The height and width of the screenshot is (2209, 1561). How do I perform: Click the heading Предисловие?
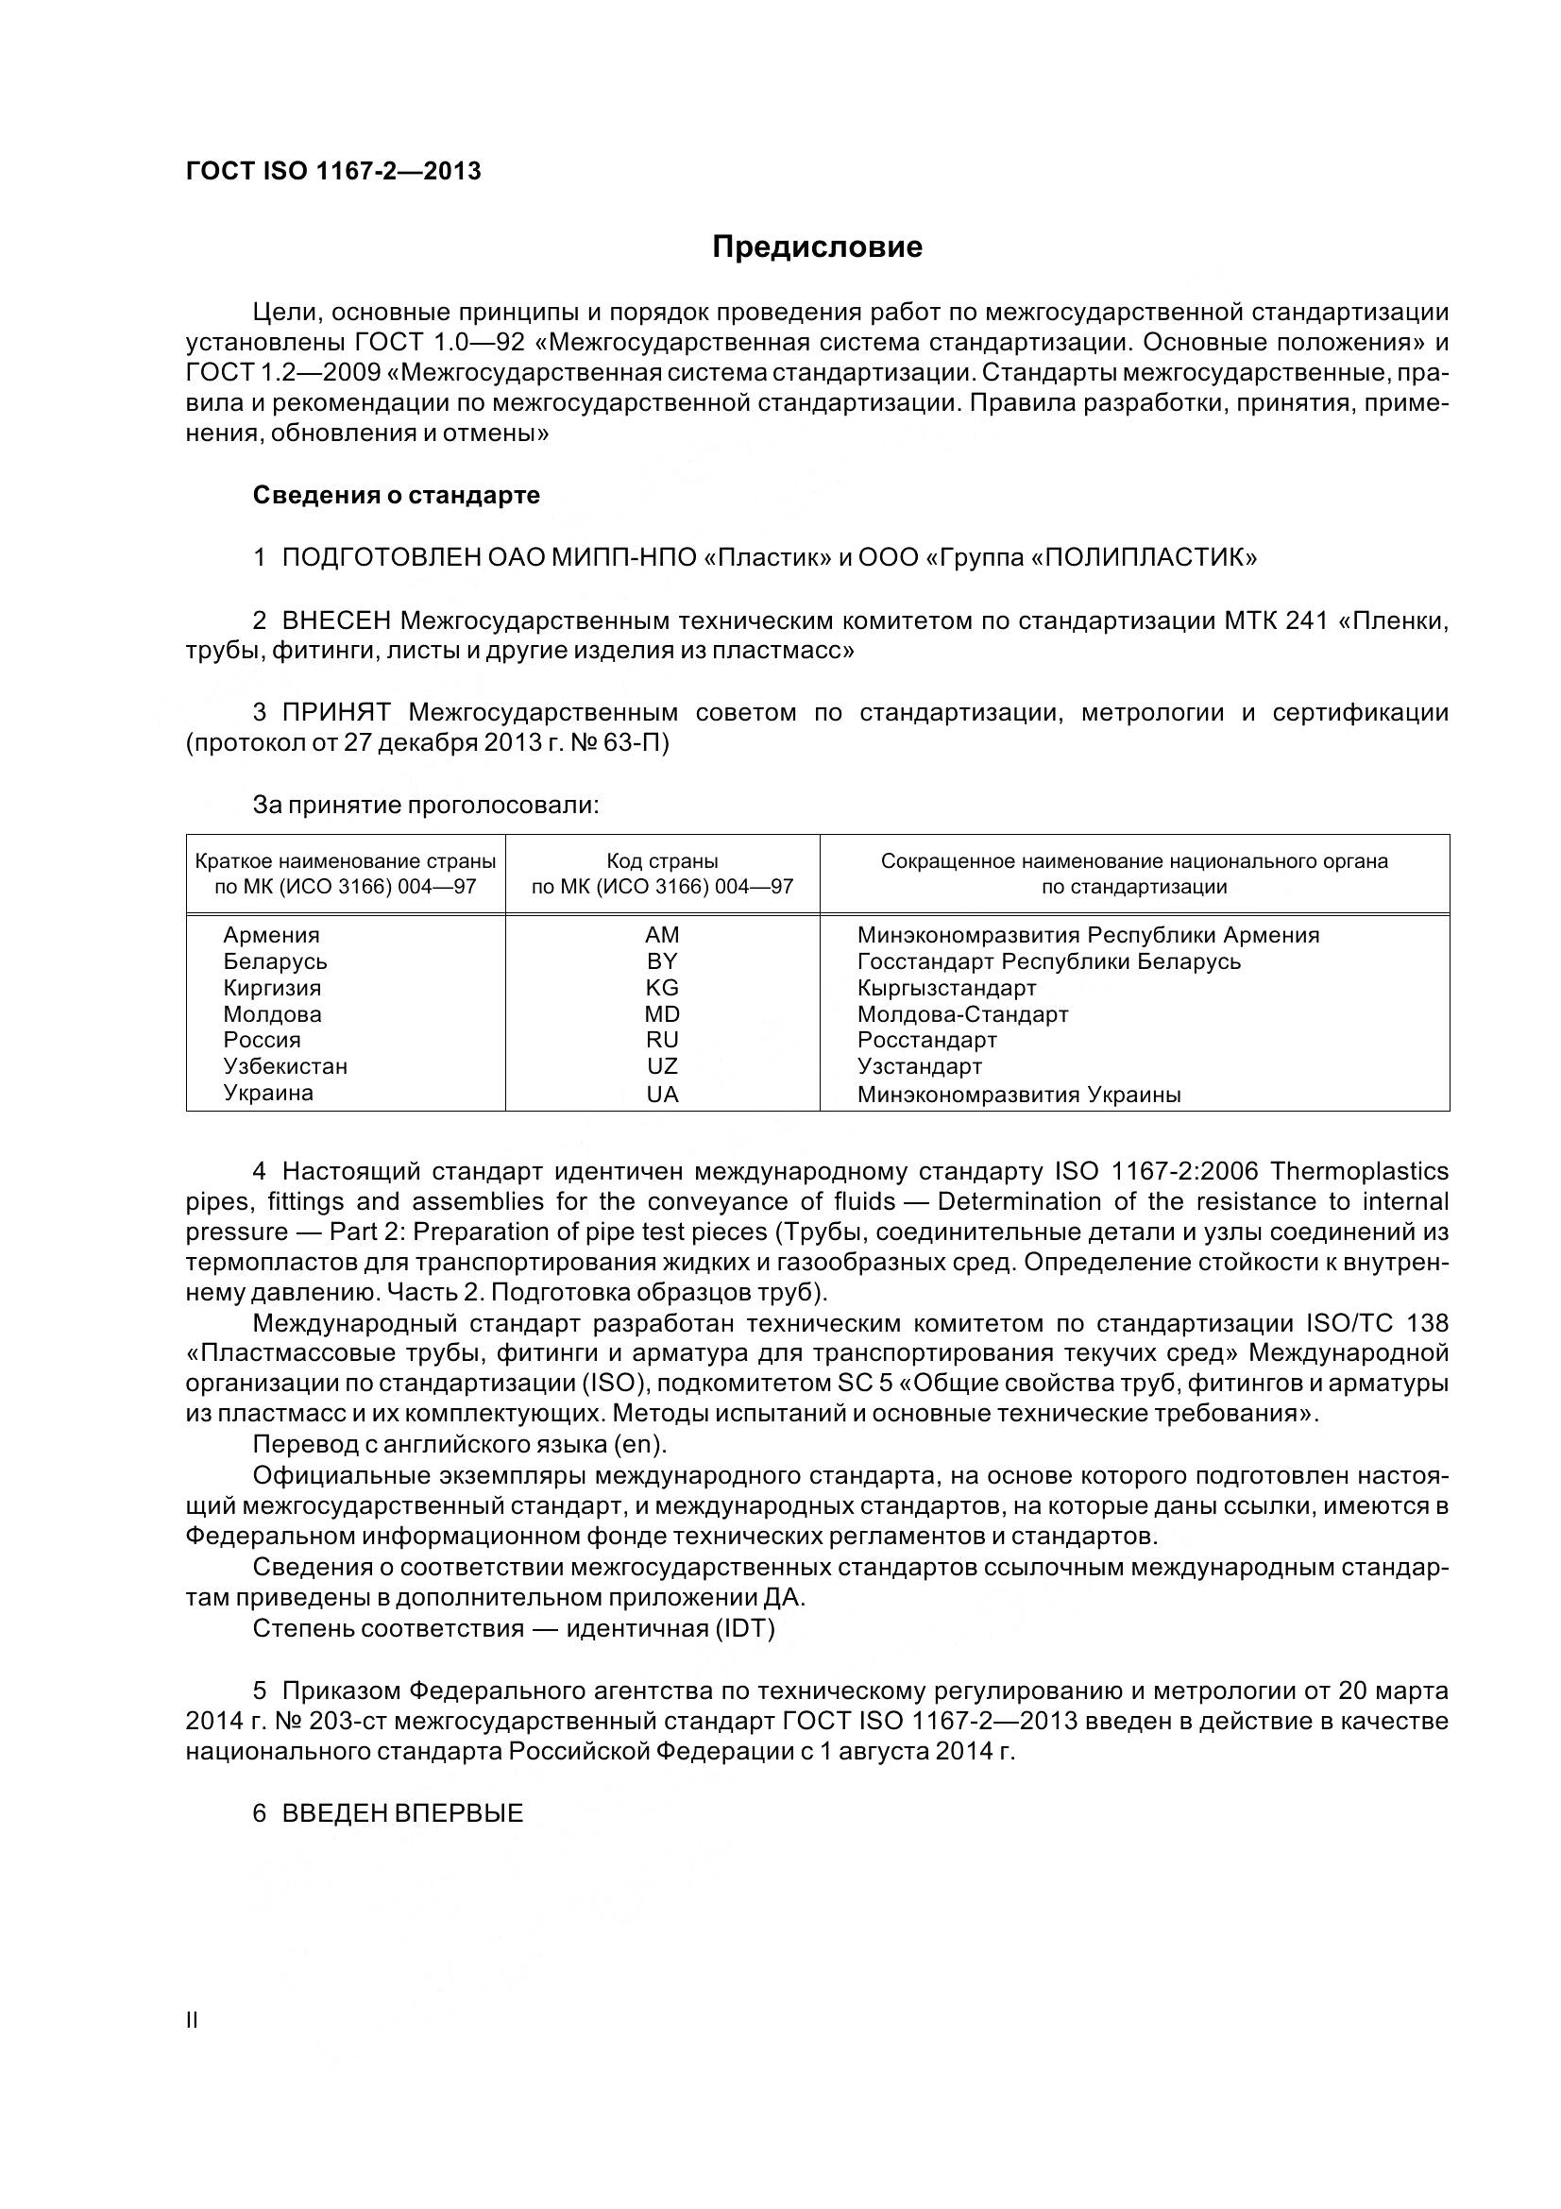click(817, 247)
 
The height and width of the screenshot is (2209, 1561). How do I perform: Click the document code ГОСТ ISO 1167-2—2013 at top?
click(332, 171)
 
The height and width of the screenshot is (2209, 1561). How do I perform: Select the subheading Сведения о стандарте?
click(397, 496)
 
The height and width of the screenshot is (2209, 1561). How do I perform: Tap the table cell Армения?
click(271, 935)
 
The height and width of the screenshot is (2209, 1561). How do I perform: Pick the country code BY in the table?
click(662, 961)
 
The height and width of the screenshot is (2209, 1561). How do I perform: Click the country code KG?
click(662, 988)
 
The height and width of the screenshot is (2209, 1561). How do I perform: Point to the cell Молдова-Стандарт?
click(963, 1014)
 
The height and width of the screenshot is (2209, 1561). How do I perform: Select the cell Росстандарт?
click(927, 1040)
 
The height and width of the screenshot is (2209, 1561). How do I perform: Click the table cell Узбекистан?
click(285, 1066)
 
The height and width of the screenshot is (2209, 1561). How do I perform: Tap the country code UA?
click(662, 1094)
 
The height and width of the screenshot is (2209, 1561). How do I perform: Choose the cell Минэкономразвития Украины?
click(1019, 1094)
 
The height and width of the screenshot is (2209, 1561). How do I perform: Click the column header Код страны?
click(662, 861)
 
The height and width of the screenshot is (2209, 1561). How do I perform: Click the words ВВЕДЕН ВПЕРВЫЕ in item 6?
click(402, 1813)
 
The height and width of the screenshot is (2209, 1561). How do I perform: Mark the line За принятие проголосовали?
click(426, 806)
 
